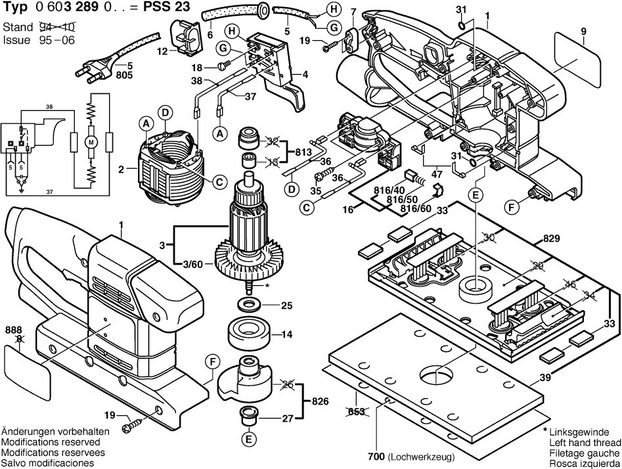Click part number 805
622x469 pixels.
(125, 76)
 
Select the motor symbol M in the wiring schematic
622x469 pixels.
(92, 143)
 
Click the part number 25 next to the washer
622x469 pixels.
(286, 305)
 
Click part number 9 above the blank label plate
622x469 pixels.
(583, 31)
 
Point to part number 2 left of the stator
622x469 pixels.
(121, 170)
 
